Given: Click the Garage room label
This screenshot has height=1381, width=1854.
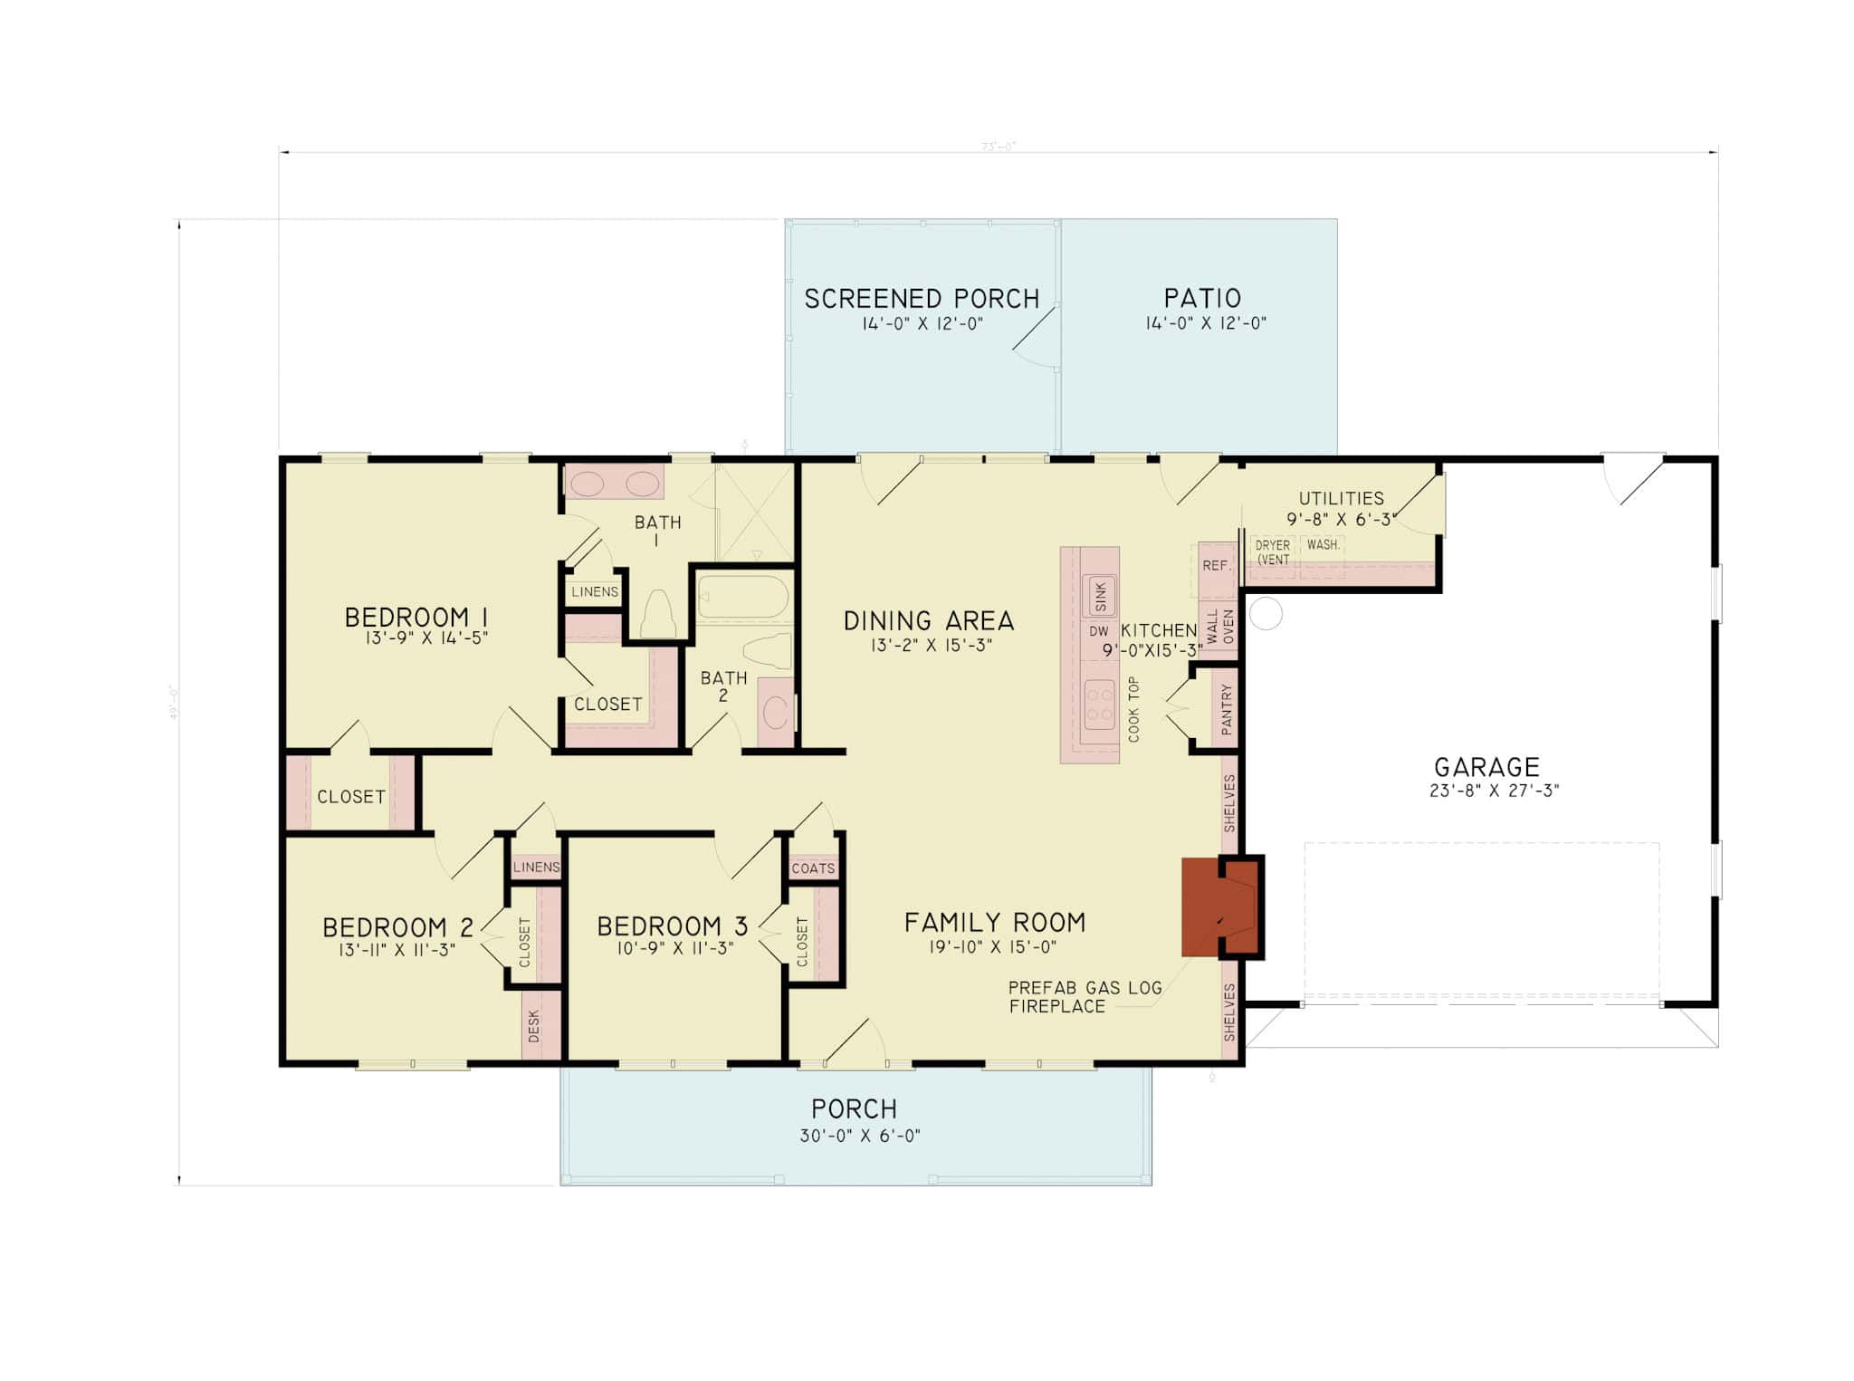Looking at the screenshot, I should tap(1486, 767).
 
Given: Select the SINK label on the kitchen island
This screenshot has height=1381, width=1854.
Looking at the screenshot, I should tap(1100, 596).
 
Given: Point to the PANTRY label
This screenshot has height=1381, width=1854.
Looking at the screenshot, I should tap(1227, 709).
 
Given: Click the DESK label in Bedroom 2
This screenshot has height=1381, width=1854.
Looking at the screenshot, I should tap(533, 1026).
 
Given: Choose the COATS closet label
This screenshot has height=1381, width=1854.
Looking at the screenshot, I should tap(813, 868).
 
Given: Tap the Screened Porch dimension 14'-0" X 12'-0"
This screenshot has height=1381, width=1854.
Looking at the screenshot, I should tap(922, 323).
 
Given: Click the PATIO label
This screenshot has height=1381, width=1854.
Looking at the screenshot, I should tap(1202, 298).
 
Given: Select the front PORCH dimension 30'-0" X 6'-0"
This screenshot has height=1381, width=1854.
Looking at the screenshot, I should tap(859, 1136).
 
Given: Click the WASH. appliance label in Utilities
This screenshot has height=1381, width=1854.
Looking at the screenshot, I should tap(1323, 545).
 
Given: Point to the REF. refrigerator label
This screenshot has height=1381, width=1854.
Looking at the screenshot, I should tap(1216, 566).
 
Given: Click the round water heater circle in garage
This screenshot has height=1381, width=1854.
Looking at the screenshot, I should tap(1266, 614).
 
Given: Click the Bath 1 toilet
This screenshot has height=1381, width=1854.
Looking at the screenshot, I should tap(658, 616).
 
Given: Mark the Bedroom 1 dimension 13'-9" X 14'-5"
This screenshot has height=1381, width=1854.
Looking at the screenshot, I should tap(426, 638).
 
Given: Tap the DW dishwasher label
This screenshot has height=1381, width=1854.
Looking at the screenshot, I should tap(1098, 631).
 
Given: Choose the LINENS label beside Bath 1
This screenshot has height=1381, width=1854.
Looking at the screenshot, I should tap(595, 591).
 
